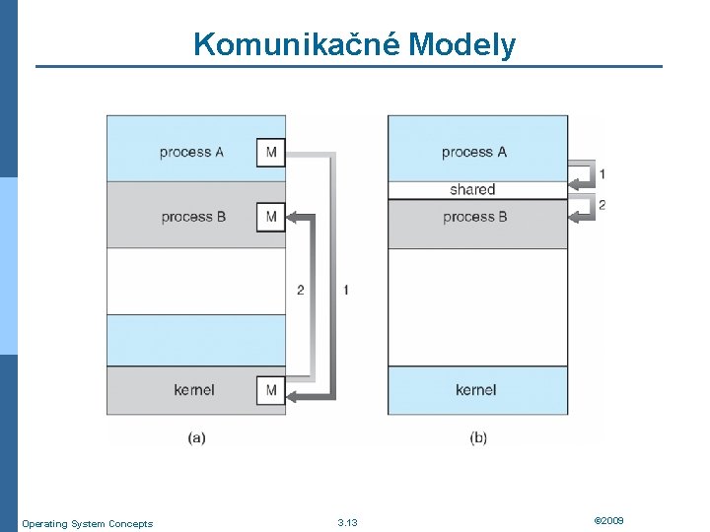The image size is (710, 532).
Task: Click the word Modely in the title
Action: click(x=461, y=44)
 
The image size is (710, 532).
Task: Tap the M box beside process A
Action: click(x=271, y=153)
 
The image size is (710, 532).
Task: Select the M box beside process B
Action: click(x=271, y=217)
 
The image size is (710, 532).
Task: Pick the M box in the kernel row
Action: click(x=271, y=390)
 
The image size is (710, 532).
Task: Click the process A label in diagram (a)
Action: click(x=191, y=152)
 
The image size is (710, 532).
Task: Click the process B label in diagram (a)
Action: click(x=193, y=217)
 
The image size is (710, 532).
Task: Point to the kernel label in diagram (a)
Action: click(x=194, y=390)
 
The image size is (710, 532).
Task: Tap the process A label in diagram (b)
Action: click(x=474, y=152)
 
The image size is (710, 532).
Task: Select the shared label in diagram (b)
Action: click(x=472, y=189)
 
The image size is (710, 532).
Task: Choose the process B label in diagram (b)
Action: click(x=475, y=216)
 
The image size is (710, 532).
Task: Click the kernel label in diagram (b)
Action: click(x=476, y=390)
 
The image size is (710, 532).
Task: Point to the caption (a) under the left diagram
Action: click(x=196, y=437)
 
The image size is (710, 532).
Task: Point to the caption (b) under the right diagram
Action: click(x=478, y=437)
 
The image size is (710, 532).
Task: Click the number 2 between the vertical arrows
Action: click(x=301, y=290)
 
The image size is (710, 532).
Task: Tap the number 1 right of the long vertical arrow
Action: click(x=345, y=290)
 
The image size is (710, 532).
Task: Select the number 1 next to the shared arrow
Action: click(x=603, y=174)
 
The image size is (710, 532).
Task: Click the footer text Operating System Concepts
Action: click(x=87, y=523)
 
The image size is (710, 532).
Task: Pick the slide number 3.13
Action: click(x=347, y=522)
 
